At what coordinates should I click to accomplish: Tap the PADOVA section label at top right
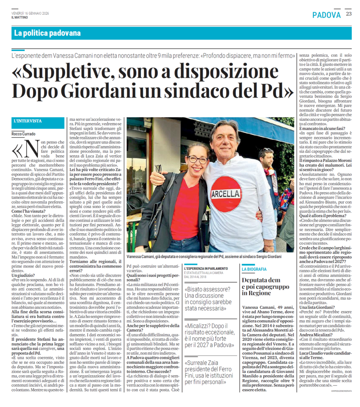(x=326, y=15)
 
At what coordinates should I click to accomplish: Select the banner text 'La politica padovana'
(x=47, y=33)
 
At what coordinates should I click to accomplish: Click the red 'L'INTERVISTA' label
(x=27, y=121)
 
